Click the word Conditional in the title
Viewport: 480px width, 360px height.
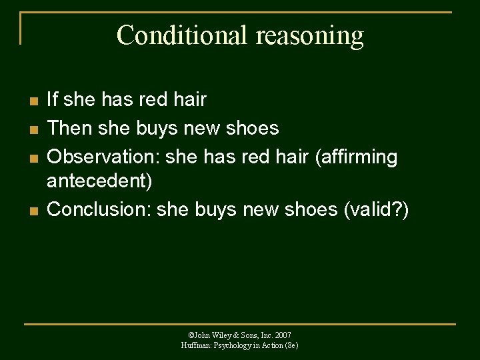point(172,35)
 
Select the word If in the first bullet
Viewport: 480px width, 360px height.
point(53,100)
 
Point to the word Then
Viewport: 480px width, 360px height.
point(69,127)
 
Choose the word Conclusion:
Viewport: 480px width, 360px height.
point(99,209)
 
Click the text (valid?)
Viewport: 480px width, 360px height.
point(376,209)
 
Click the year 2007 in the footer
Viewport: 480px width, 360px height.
point(282,335)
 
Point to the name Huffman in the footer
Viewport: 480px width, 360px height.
point(194,345)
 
